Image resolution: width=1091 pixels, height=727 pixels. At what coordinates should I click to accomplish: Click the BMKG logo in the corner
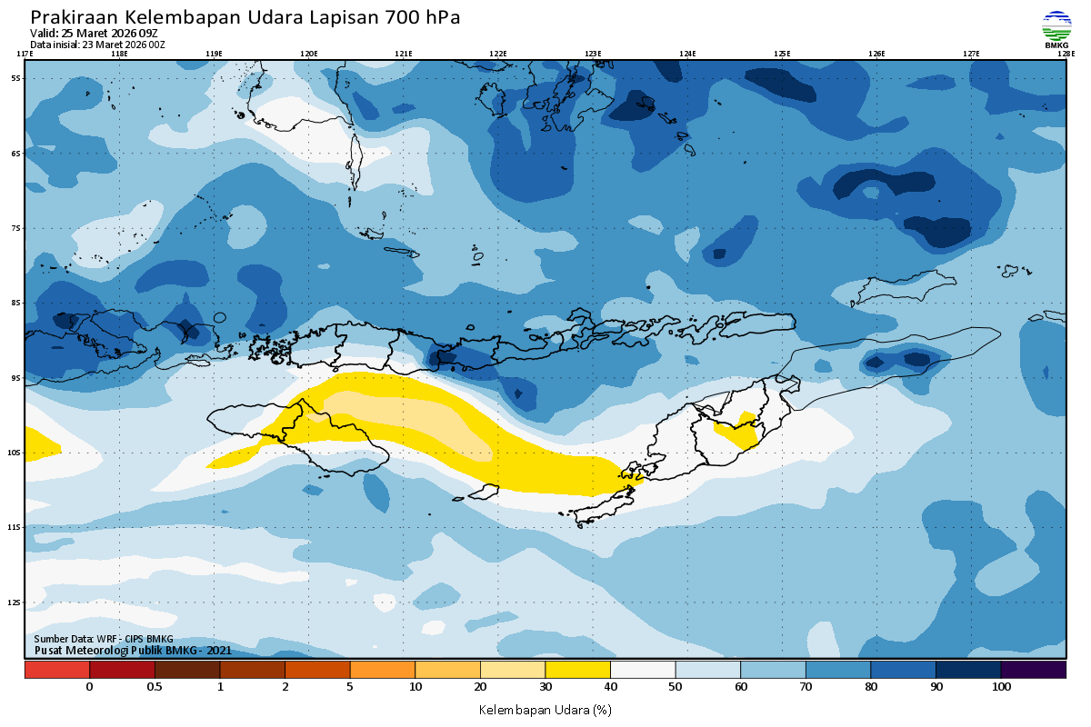1056,27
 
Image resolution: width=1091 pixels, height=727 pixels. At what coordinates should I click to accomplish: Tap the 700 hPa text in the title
423,17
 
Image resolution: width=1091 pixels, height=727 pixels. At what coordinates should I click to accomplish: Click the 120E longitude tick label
309,54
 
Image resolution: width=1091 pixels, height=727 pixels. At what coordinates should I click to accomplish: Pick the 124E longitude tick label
687,54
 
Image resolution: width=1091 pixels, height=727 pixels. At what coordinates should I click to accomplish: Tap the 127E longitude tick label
971,54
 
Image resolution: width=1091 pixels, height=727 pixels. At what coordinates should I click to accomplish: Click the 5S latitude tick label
15,78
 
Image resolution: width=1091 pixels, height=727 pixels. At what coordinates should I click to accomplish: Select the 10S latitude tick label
15,453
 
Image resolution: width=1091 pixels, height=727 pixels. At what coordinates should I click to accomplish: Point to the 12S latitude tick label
15,603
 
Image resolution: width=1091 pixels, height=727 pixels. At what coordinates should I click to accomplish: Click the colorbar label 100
1001,687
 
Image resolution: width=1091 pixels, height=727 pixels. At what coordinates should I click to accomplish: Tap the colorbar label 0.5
155,687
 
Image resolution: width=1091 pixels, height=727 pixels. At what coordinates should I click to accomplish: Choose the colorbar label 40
610,687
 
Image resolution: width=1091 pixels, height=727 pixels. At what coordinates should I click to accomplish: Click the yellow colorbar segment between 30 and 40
577,670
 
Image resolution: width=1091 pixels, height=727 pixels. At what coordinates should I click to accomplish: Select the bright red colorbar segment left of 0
56,670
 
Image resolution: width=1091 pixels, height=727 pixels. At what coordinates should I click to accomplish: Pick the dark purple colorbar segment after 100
1033,670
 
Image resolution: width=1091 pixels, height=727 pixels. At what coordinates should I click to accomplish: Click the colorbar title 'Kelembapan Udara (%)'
545,709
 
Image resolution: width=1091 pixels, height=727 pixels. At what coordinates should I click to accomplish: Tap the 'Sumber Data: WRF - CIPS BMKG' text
103,639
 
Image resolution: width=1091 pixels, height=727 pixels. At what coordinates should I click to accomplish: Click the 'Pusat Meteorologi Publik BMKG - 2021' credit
133,650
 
